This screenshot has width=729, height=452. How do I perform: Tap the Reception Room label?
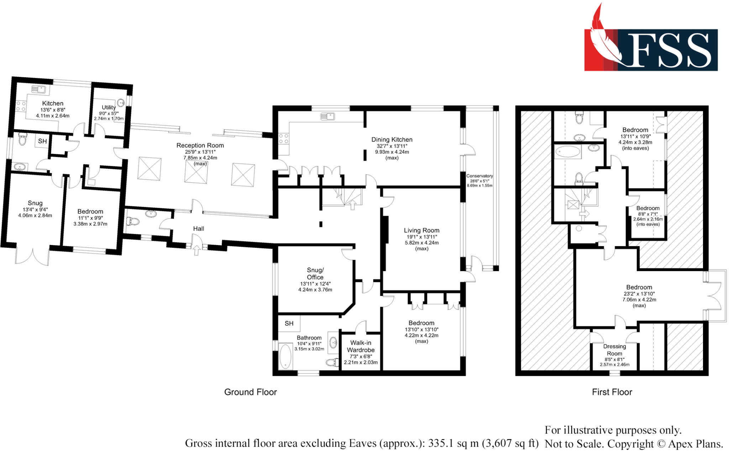200,145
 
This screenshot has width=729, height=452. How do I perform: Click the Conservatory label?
479,176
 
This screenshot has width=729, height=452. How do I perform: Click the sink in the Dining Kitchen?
327,116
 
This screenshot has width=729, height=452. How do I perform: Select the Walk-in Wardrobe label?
361,346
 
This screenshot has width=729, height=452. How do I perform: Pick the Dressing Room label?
614,350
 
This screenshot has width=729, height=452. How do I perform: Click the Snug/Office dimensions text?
315,287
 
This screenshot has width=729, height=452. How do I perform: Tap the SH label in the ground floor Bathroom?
289,323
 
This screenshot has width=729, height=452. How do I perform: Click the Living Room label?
421,230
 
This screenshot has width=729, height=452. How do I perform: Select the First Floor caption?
612,392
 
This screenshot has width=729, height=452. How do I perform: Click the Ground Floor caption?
250,392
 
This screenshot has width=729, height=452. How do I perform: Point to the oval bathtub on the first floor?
568,152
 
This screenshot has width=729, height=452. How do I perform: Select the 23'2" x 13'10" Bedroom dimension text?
639,294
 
